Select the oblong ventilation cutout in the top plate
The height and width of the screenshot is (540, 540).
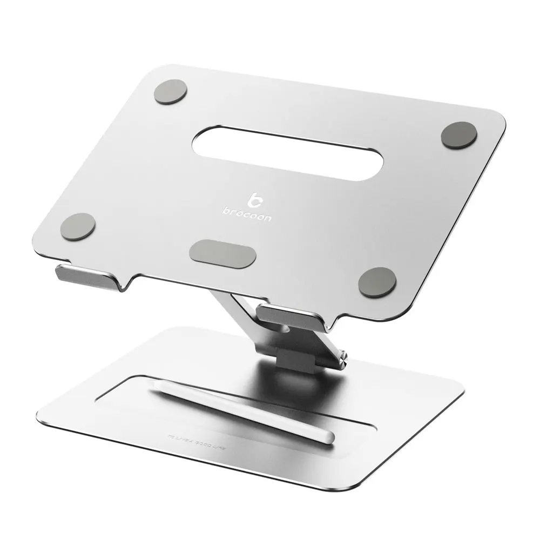pyautogui.click(x=287, y=153)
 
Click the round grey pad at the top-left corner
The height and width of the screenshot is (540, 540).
pyautogui.click(x=170, y=92)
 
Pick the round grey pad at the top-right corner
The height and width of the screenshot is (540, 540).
pyautogui.click(x=458, y=135)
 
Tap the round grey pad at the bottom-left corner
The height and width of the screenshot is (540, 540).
pyautogui.click(x=78, y=226)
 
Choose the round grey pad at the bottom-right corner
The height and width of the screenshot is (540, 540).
pyautogui.click(x=377, y=281)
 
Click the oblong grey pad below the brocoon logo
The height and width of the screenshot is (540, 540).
pyautogui.click(x=222, y=254)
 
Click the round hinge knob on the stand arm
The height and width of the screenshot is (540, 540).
pyautogui.click(x=342, y=357)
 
